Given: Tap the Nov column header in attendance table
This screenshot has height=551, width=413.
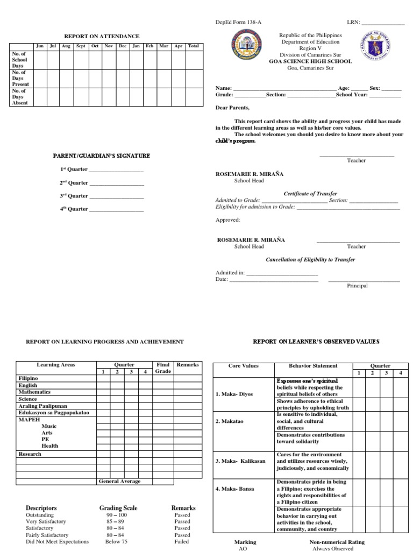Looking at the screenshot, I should (109, 46).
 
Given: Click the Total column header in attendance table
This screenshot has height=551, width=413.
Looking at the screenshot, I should (193, 46).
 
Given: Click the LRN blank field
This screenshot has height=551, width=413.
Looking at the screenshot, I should (382, 23).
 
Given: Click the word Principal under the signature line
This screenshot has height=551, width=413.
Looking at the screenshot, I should (357, 286).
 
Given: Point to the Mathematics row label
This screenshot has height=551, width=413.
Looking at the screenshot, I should (34, 392).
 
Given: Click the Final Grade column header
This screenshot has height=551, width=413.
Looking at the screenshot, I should (162, 368).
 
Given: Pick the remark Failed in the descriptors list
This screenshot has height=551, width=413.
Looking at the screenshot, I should (182, 542).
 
